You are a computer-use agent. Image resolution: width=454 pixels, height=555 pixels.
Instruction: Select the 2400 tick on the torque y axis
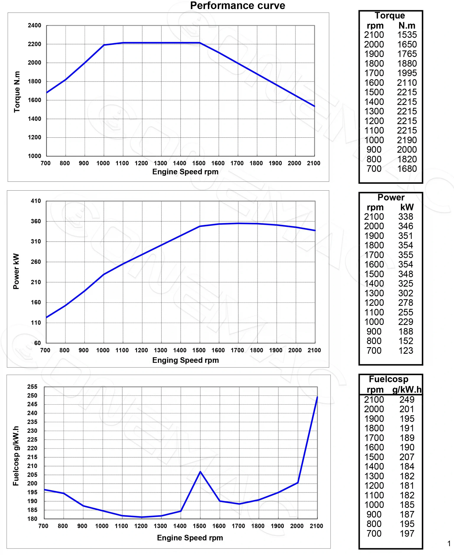tap(34, 25)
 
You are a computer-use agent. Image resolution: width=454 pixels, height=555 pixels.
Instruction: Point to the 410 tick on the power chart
tap(36, 201)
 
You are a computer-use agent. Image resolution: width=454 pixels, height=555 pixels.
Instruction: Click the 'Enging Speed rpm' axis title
tap(186, 360)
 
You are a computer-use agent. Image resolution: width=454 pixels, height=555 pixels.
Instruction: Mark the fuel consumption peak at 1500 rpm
tap(200, 472)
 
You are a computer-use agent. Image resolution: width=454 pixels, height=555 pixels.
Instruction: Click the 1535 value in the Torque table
tap(407, 35)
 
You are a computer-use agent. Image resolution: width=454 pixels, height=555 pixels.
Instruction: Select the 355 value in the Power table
tap(406, 255)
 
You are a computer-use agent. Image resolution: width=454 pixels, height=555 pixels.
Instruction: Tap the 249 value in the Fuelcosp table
tap(407, 400)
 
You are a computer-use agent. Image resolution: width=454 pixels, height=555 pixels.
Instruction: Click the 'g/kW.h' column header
tap(407, 390)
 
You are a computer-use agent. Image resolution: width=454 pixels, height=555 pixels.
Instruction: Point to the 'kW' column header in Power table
tap(407, 207)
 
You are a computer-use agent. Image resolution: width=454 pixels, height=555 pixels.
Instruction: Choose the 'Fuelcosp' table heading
tap(388, 379)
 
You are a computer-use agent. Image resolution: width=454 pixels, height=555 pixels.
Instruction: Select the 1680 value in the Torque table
tap(407, 169)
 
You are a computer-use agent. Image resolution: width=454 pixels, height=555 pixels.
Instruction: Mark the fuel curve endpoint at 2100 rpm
tap(317, 397)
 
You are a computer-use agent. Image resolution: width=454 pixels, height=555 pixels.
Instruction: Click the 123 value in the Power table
tap(406, 351)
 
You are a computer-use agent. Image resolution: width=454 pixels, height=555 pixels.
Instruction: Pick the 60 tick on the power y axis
tap(37, 343)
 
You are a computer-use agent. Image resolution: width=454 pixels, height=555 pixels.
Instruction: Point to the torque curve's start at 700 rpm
tap(47, 93)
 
